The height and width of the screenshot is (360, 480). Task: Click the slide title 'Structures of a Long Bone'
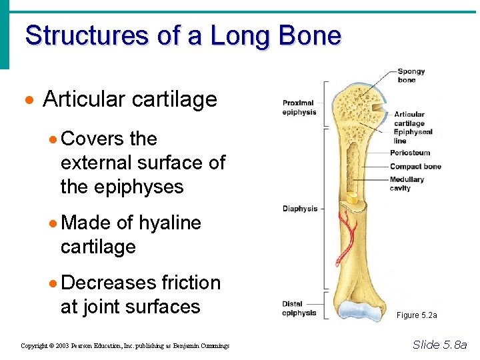[183, 35]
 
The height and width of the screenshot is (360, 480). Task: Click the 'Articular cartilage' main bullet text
[130, 99]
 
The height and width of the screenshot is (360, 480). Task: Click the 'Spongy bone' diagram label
[411, 75]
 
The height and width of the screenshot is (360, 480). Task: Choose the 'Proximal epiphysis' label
[298, 107]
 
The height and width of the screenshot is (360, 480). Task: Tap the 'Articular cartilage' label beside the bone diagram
[409, 119]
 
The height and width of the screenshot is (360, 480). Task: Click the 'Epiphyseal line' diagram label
[413, 136]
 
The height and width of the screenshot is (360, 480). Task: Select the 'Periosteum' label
[410, 153]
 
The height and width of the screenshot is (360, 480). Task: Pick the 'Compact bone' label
[415, 166]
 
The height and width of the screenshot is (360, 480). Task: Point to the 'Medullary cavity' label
[407, 183]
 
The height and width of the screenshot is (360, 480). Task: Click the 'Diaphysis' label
[300, 209]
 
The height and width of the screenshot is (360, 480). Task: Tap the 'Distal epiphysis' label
[299, 309]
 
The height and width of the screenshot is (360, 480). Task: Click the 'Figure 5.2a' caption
[417, 315]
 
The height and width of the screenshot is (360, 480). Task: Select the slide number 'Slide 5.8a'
[440, 345]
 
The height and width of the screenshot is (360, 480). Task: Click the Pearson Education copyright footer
[125, 346]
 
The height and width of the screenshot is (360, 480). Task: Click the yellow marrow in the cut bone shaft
[353, 198]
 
